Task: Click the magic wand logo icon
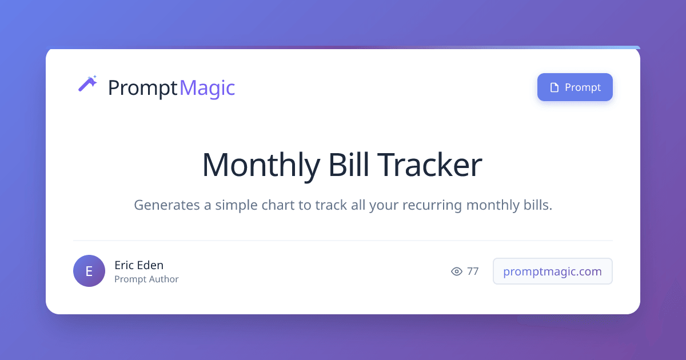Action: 87,83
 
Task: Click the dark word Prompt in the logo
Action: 143,88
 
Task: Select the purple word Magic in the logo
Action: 208,88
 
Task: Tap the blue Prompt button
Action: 575,87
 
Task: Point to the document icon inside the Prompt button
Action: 555,87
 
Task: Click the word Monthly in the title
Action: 261,165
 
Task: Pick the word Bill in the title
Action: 349,165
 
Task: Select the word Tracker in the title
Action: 429,165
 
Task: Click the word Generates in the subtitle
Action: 166,205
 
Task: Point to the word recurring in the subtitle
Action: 432,205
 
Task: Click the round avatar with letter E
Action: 89,271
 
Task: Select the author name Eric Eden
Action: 139,265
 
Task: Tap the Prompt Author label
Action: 146,279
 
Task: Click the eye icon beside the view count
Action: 457,271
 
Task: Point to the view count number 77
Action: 473,271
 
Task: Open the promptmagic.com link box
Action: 552,271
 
